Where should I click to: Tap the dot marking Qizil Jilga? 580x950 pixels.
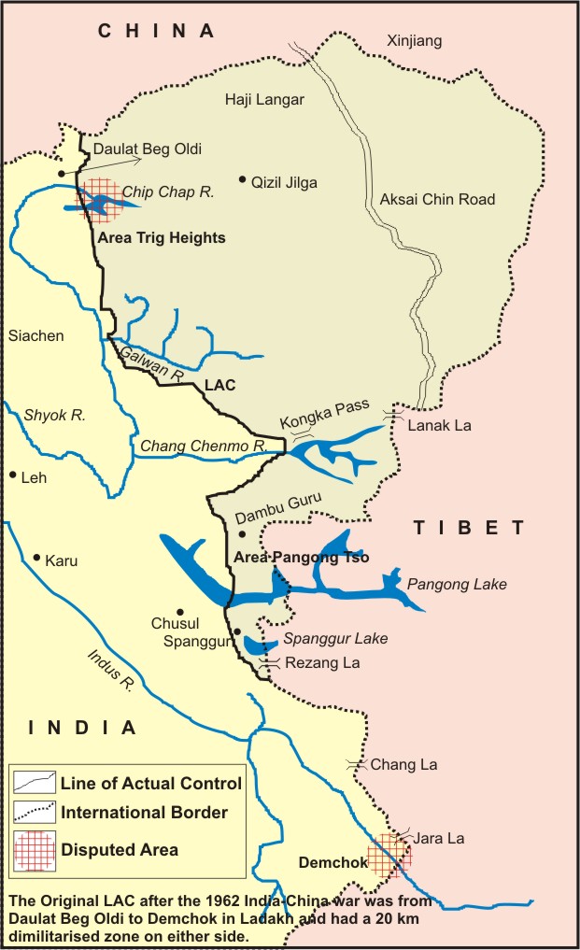pyautogui.click(x=242, y=178)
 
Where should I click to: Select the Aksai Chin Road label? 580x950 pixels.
pyautogui.click(x=437, y=199)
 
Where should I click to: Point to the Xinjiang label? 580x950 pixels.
pyautogui.click(x=414, y=41)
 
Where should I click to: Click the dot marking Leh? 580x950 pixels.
pyautogui.click(x=13, y=475)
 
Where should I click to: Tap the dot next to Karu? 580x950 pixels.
pyautogui.click(x=36, y=559)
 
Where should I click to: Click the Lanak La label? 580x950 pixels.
pyautogui.click(x=440, y=425)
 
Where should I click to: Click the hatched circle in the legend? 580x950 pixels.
pyautogui.click(x=35, y=848)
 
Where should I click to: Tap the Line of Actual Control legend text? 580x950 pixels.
pyautogui.click(x=150, y=784)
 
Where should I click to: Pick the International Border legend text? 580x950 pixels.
pyautogui.click(x=144, y=813)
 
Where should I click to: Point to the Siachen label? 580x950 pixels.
pyautogui.click(x=35, y=336)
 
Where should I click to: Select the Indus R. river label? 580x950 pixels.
pyautogui.click(x=109, y=668)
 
